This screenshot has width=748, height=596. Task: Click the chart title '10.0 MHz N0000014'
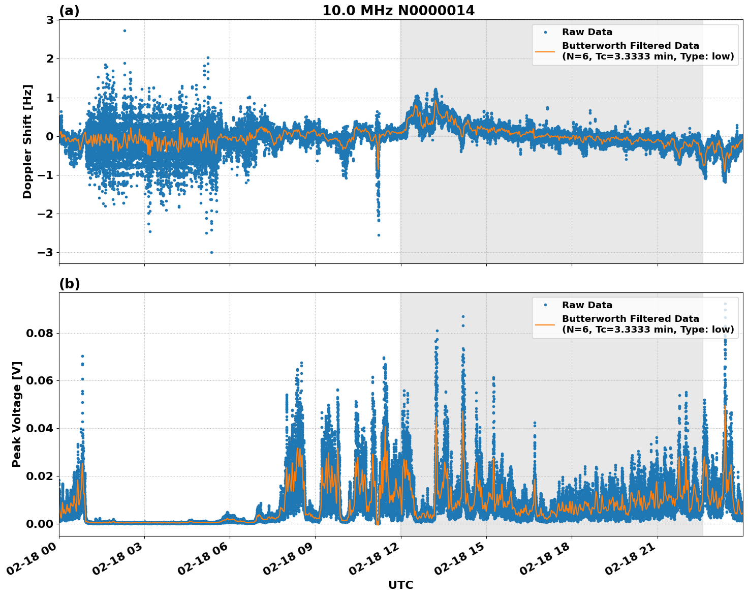(x=398, y=11)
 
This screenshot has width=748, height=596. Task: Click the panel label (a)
(x=69, y=11)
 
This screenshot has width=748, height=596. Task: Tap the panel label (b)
(x=69, y=284)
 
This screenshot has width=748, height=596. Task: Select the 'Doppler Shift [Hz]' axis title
(x=27, y=141)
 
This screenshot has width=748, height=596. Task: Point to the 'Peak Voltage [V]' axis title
(x=17, y=414)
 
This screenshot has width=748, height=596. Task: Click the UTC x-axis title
(x=400, y=585)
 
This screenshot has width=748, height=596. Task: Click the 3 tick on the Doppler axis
(x=50, y=20)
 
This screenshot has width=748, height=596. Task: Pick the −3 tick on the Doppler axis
(x=47, y=253)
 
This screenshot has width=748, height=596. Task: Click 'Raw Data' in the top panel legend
(x=587, y=32)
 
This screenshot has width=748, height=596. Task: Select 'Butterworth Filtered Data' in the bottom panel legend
(x=630, y=319)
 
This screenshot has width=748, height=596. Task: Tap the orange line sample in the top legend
(x=545, y=51)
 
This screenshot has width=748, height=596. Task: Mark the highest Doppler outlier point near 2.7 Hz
(x=124, y=31)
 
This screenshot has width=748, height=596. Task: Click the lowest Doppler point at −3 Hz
(x=211, y=252)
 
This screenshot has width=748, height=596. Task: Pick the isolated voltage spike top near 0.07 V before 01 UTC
(x=82, y=356)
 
